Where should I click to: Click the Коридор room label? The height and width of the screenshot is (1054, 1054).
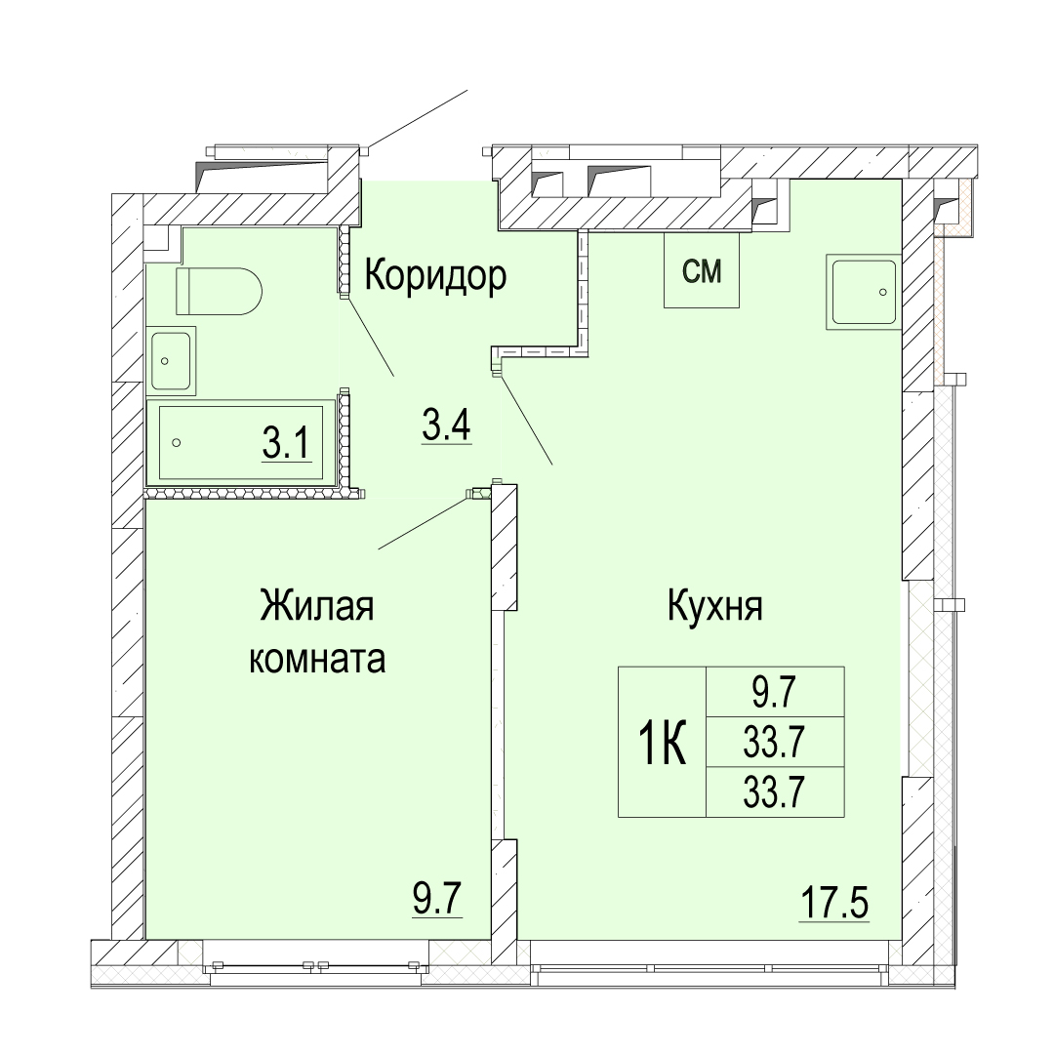pos(435,275)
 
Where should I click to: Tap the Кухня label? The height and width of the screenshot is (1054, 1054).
pos(714,606)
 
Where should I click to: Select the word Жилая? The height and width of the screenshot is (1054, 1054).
pos(316,606)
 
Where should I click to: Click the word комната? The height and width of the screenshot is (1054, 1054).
pos(317,660)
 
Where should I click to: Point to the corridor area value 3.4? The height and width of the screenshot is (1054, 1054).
pos(446,425)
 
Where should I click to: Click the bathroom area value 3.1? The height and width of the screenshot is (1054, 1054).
pos(287,443)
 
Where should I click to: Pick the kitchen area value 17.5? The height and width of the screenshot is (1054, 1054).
pos(834,903)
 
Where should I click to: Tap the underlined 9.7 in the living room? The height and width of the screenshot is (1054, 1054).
pos(438,900)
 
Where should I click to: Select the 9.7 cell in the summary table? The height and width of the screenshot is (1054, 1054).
pos(774,692)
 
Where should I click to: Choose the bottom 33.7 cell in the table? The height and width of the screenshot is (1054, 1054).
pos(774,791)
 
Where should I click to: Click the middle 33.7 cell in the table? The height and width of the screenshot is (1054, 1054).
pos(774,742)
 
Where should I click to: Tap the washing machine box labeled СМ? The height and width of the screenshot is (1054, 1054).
pos(701,270)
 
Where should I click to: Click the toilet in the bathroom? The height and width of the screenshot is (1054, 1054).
pos(219,291)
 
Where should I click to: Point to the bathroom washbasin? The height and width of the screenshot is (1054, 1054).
pos(172,361)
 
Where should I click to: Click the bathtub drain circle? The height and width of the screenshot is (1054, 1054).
pos(177,442)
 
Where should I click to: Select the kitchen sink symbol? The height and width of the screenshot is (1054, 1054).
pos(864,293)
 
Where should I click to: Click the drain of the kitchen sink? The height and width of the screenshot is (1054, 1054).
pos(882,293)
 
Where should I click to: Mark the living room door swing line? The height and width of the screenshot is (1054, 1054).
pos(424,522)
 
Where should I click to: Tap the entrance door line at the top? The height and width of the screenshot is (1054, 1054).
pos(417,119)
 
